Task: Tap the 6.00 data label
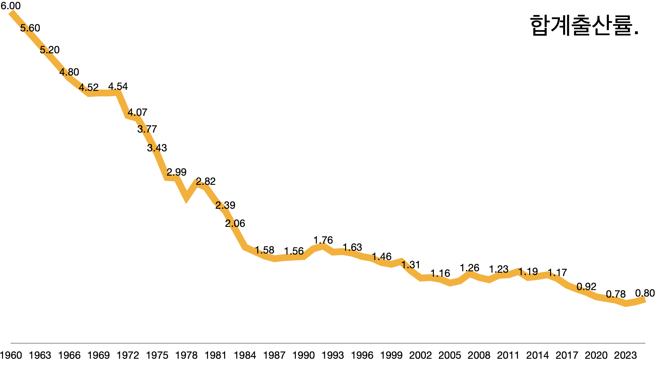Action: [x=11, y=6]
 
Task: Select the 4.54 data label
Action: [x=118, y=86]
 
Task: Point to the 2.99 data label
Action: [x=176, y=172]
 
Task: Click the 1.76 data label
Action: [x=323, y=240]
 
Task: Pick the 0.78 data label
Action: [x=616, y=294]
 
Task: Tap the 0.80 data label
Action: [x=645, y=293]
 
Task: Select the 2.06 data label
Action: [x=235, y=223]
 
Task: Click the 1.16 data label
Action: [x=440, y=273]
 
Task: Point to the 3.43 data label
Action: [x=157, y=148]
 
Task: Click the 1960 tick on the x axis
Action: [x=11, y=355]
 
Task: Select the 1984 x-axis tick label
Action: [x=245, y=355]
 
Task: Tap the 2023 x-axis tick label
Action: [x=625, y=355]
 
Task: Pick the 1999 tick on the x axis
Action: [x=391, y=355]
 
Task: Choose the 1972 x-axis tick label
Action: [x=128, y=355]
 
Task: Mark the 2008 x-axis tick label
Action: [x=479, y=355]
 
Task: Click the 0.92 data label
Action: [x=586, y=287]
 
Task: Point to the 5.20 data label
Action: [x=50, y=50]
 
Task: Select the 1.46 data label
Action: [x=382, y=257]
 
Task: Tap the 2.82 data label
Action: [x=206, y=181]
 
